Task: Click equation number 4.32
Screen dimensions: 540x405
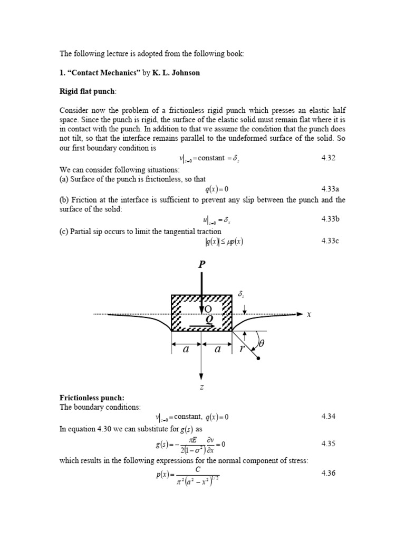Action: point(329,158)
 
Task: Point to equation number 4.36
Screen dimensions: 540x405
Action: point(329,473)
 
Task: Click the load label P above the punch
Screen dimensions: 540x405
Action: point(201,265)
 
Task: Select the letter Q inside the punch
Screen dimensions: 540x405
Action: point(209,319)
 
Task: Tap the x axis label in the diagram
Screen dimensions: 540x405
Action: point(309,314)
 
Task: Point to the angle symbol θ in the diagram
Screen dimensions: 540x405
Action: point(261,343)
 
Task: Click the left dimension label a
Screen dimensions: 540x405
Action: point(186,349)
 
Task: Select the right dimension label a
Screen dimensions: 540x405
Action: point(217,349)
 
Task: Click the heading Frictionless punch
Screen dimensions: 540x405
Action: point(91,398)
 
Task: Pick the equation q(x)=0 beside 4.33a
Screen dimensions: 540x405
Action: point(217,189)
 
